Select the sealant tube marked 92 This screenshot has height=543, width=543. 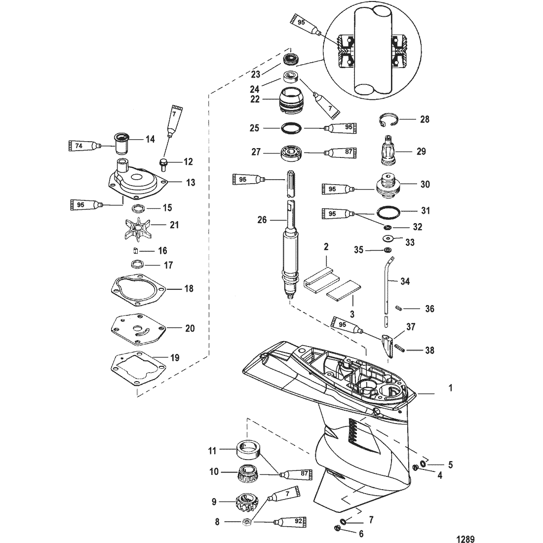coord(295,521)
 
